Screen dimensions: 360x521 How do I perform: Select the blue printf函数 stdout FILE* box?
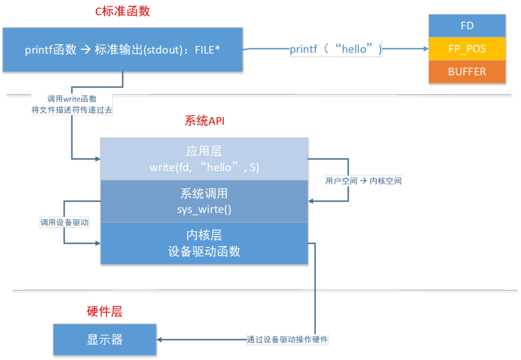pyautogui.click(x=122, y=49)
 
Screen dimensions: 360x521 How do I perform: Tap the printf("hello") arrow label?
pyautogui.click(x=336, y=49)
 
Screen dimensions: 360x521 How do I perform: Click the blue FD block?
pyautogui.click(x=467, y=26)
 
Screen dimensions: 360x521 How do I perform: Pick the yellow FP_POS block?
pyautogui.click(x=467, y=49)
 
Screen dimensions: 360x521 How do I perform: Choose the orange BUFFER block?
pyautogui.click(x=467, y=72)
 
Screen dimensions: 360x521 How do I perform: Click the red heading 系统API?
pyautogui.click(x=204, y=121)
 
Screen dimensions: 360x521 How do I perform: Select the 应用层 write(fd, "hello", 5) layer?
pyautogui.click(x=204, y=159)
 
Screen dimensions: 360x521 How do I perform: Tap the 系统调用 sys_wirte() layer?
pyautogui.click(x=204, y=200)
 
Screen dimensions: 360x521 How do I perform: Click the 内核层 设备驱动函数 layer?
pyautogui.click(x=204, y=243)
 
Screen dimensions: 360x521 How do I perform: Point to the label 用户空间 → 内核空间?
pyautogui.click(x=363, y=181)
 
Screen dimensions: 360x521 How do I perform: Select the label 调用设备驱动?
pyautogui.click(x=63, y=222)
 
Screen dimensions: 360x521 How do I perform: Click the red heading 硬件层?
pyautogui.click(x=104, y=312)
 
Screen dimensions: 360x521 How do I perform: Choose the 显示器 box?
pyautogui.click(x=104, y=340)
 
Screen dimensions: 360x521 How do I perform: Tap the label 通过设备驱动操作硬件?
pyautogui.click(x=287, y=340)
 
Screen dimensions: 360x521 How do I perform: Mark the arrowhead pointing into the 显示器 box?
pyautogui.click(x=160, y=340)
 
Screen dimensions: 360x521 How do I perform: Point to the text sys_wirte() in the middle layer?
pyautogui.click(x=204, y=208)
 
